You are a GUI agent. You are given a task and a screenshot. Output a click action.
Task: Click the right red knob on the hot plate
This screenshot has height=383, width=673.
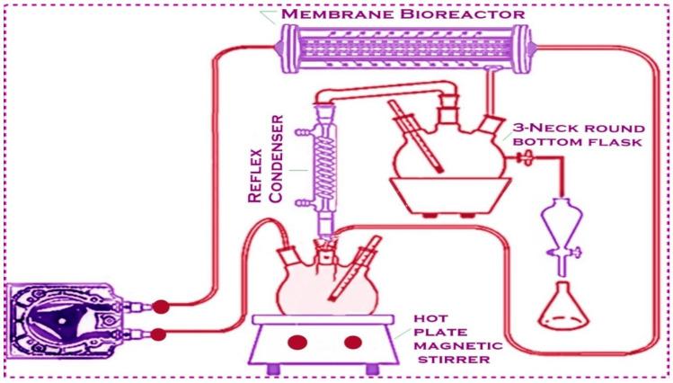point(353,342)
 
